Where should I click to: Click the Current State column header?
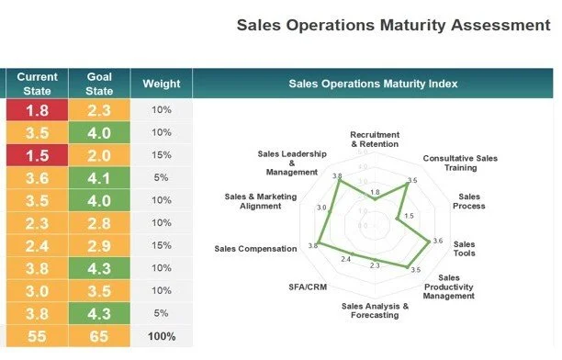37,84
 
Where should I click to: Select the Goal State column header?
99,84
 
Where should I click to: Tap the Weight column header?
161,84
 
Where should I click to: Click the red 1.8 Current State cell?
37,110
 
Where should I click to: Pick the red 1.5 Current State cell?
37,155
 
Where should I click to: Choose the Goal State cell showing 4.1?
99,178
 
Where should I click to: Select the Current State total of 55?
37,336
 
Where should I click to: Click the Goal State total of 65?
99,336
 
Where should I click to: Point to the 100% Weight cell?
161,336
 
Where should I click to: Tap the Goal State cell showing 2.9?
99,246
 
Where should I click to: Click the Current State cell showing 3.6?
37,178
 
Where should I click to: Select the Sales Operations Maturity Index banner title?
373,84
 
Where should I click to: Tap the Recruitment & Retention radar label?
375,139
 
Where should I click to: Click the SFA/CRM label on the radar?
308,287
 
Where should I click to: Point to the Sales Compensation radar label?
255,248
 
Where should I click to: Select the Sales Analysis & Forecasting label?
375,310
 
